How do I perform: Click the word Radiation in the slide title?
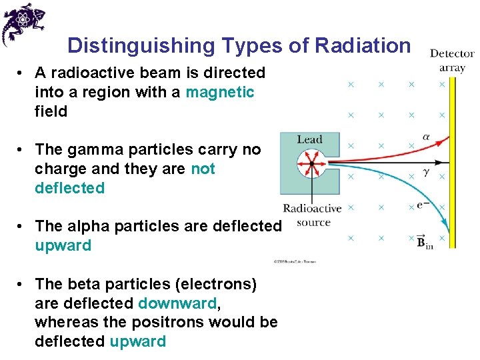(x=363, y=45)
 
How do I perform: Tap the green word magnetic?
(x=219, y=92)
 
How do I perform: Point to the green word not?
(x=203, y=169)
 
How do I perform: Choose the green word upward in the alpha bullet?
(x=63, y=245)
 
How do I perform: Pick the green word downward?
(x=177, y=303)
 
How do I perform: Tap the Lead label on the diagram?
(x=309, y=139)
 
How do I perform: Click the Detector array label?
(x=452, y=60)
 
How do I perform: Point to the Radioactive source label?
(x=312, y=215)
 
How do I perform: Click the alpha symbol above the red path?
(x=427, y=138)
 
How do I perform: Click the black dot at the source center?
(x=311, y=163)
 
